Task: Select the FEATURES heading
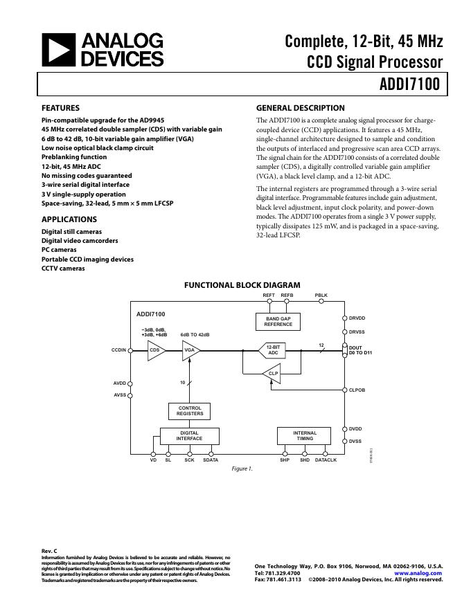60,108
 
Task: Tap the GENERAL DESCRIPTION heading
300,108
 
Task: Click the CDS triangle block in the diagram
154,351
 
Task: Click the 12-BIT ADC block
274,351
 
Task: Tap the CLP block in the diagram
274,374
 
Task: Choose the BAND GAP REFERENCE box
278,321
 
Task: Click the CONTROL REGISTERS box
190,411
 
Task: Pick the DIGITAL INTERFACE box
189,435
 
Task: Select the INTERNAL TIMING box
305,435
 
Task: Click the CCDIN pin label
119,351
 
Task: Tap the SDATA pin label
211,460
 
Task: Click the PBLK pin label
321,296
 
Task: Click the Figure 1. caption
242,469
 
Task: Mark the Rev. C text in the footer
49,551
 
